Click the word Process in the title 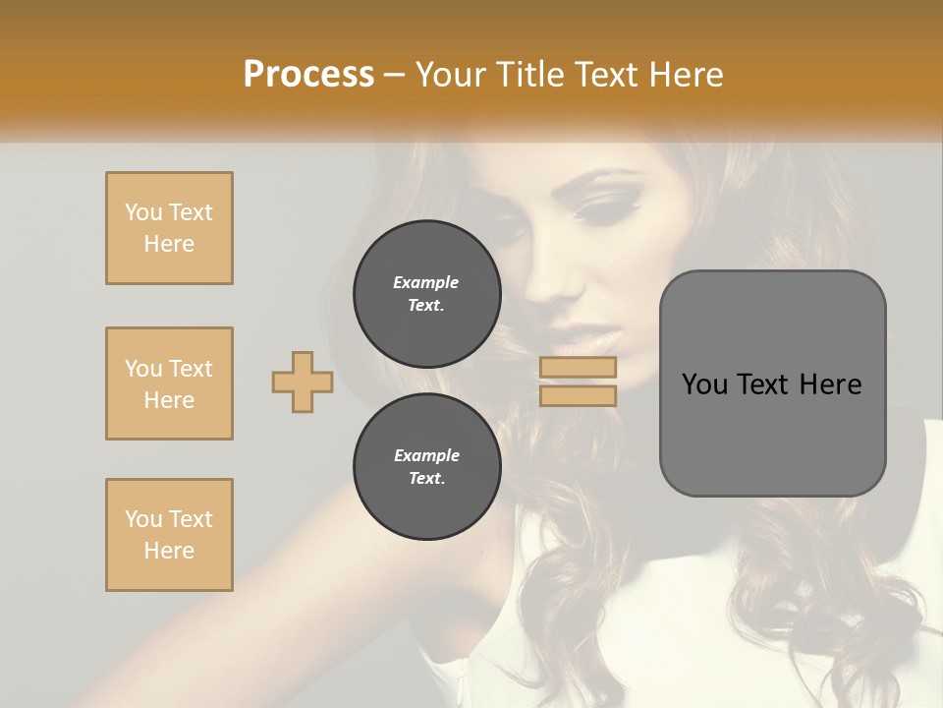click(x=308, y=75)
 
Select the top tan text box click(x=169, y=228)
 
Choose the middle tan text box click(x=169, y=383)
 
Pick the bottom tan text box click(x=169, y=535)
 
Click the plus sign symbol click(x=302, y=382)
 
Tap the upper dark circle click(x=426, y=294)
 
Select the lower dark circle click(x=426, y=467)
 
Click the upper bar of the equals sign click(x=578, y=368)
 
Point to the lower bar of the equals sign click(x=578, y=395)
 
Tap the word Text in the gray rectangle click(x=763, y=384)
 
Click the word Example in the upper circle click(x=426, y=282)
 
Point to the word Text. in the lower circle click(x=426, y=479)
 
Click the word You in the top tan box click(x=142, y=212)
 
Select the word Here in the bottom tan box click(x=169, y=551)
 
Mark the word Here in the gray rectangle click(x=830, y=384)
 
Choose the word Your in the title click(x=456, y=75)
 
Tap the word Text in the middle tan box click(x=190, y=369)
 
